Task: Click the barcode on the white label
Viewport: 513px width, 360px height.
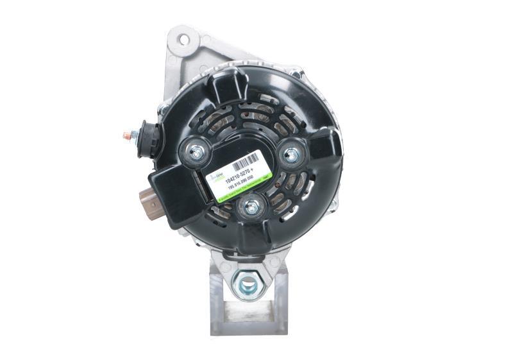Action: click(x=246, y=162)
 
